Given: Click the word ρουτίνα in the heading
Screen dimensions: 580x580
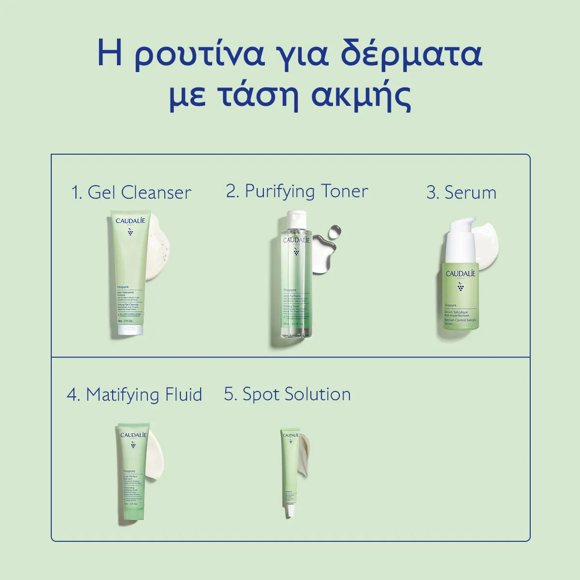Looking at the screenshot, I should (200, 54).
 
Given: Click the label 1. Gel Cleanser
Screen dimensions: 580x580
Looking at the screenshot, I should (131, 192).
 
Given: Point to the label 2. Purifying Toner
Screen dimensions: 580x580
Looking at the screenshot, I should (297, 191).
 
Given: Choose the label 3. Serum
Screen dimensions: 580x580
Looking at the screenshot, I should (461, 192).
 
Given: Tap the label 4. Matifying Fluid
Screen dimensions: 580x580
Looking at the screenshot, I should (134, 394).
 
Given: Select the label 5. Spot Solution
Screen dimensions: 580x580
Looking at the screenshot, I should (287, 394).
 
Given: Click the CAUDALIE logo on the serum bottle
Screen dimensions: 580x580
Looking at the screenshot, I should (460, 274).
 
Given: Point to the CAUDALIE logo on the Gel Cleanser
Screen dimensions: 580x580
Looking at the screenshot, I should (130, 221).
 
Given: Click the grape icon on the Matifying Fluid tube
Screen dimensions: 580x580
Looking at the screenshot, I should (133, 444).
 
